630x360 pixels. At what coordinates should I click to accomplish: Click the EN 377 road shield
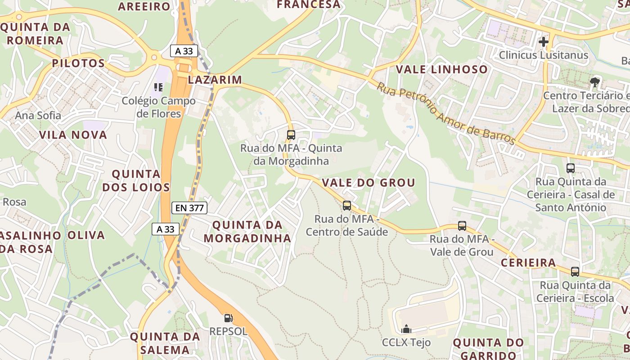click(x=189, y=208)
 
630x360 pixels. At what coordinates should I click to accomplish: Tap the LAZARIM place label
click(x=215, y=80)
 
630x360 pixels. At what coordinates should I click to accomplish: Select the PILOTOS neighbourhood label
click(x=78, y=63)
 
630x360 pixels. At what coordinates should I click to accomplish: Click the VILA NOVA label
click(x=73, y=135)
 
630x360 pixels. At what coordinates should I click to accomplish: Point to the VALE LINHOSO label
click(x=441, y=69)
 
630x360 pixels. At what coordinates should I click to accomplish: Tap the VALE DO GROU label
click(x=368, y=183)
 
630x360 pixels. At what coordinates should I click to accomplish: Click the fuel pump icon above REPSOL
click(x=228, y=318)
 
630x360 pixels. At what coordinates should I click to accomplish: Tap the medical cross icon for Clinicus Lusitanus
click(x=544, y=42)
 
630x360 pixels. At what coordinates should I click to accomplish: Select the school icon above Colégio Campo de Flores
click(x=158, y=87)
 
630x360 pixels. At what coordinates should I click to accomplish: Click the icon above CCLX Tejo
click(x=406, y=329)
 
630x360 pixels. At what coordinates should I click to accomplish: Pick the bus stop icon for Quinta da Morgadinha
click(x=291, y=135)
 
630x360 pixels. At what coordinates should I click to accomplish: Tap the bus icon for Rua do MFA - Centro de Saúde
click(x=346, y=206)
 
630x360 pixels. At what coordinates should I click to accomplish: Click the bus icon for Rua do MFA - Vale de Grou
click(x=462, y=226)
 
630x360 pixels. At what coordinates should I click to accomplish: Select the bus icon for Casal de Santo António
click(x=570, y=168)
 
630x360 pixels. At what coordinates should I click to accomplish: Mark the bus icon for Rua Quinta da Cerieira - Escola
click(x=575, y=272)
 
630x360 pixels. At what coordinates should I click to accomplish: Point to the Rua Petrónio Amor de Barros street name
click(x=445, y=113)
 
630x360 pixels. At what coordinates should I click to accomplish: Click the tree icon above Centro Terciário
click(x=595, y=82)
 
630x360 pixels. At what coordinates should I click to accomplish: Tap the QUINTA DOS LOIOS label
click(x=136, y=180)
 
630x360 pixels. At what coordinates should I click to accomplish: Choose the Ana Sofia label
click(x=38, y=116)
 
